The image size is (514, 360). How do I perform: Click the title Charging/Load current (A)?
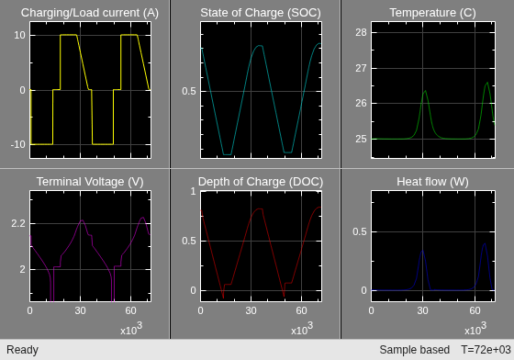[90, 13]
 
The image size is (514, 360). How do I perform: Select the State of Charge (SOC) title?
[261, 13]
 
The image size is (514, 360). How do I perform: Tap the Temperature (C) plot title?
[432, 13]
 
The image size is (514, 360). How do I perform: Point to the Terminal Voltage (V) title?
[90, 182]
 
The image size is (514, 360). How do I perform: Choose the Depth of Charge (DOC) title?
[261, 182]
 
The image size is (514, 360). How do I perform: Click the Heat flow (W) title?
[432, 182]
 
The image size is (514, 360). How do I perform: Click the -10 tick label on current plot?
[18, 144]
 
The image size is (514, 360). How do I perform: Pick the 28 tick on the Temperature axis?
[362, 32]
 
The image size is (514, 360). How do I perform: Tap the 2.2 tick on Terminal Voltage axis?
[18, 223]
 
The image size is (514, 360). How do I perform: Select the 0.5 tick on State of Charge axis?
[189, 91]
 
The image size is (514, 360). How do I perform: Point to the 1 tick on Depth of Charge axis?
[193, 191]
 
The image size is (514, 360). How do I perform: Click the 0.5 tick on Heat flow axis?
[360, 231]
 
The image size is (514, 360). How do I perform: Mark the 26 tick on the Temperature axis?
[362, 103]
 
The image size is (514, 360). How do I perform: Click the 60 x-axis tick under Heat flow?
[475, 310]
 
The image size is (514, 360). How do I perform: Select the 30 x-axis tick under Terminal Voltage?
[81, 310]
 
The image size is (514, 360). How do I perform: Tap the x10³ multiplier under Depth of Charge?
[302, 328]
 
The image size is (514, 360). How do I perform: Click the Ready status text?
[22, 350]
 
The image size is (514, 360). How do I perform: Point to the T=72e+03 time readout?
[486, 350]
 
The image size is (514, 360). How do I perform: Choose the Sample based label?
[414, 350]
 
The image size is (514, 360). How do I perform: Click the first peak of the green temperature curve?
[425, 91]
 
